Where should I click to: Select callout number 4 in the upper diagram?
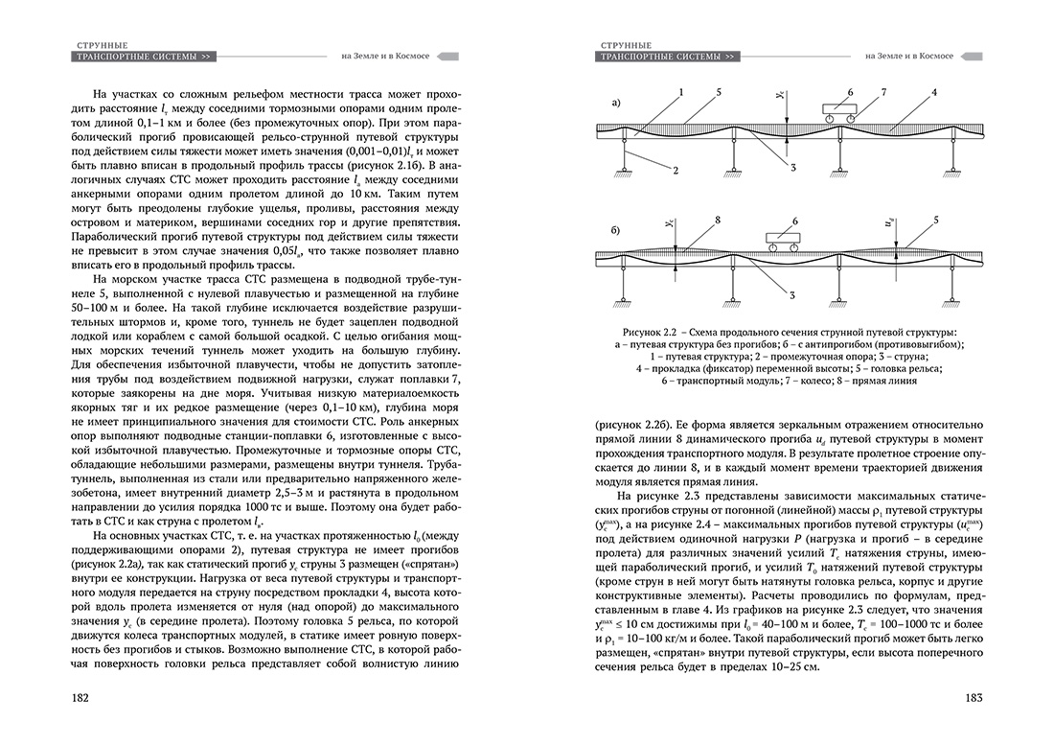(932, 92)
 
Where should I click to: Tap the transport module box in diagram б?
(780, 237)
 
